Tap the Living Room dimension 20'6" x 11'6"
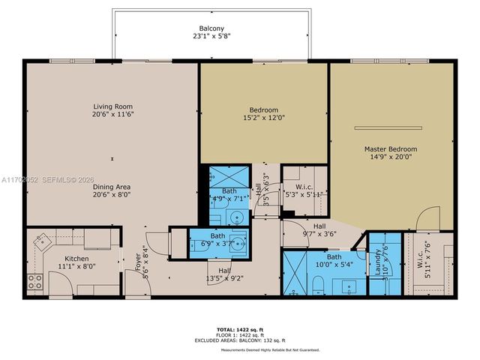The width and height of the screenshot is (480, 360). [x=112, y=115]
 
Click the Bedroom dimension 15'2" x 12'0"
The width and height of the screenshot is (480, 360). [x=263, y=118]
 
